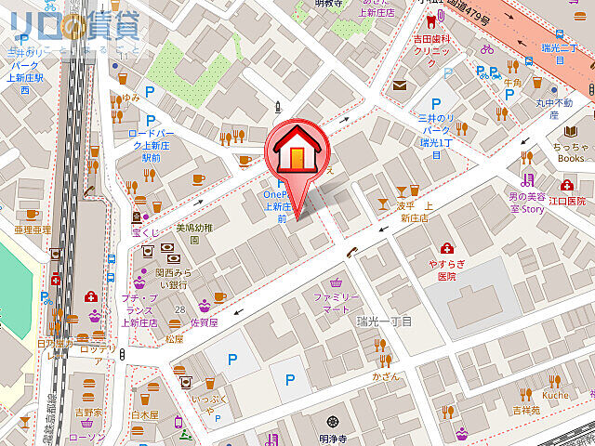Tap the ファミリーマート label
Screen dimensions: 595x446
click(336, 302)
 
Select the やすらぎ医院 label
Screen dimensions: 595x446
click(446, 269)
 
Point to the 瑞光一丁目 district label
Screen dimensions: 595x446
click(384, 321)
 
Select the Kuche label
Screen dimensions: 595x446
click(555, 395)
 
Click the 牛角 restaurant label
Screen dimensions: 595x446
click(512, 83)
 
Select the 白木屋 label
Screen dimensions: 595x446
click(146, 414)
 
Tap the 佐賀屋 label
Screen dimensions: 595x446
click(204, 322)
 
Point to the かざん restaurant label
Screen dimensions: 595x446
click(384, 378)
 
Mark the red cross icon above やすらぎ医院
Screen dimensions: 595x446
click(446, 248)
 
